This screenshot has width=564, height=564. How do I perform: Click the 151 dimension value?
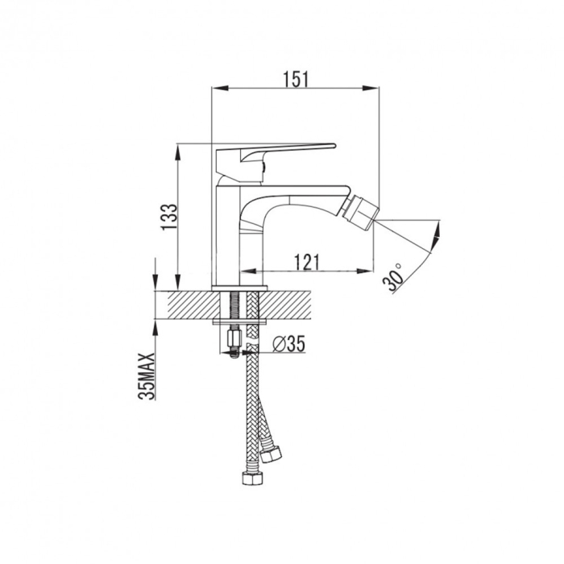coord(296,77)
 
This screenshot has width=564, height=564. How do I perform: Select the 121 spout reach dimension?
coord(308,262)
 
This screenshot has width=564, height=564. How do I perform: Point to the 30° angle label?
coord(394,277)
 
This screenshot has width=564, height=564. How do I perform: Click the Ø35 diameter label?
coord(288,344)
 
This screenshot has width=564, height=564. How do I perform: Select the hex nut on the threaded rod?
coord(234,338)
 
